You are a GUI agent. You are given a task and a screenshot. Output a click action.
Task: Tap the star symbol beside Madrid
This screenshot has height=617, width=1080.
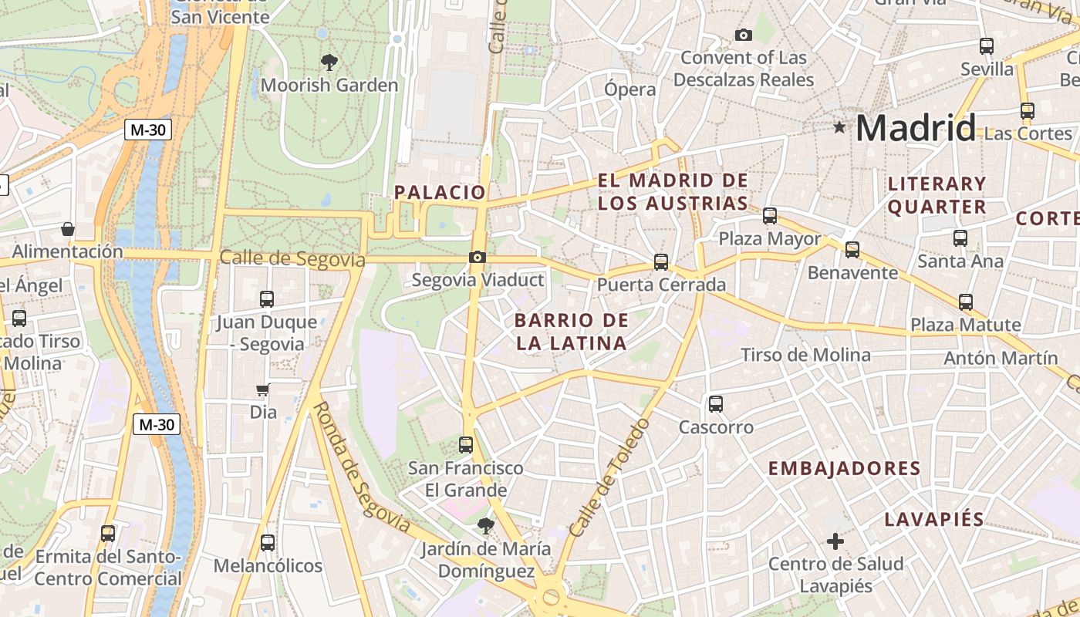tap(839, 127)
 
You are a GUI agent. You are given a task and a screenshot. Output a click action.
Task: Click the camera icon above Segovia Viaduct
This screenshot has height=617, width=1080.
tap(478, 258)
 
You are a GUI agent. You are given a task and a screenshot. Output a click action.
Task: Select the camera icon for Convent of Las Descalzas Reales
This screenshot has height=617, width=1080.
tap(744, 35)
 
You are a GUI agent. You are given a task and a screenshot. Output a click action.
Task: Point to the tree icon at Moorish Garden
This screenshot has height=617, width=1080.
tap(329, 62)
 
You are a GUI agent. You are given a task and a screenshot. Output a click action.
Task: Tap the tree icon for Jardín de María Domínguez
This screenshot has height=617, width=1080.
tap(485, 527)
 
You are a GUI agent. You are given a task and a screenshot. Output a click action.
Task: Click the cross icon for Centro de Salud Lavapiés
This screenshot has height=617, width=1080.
tap(835, 541)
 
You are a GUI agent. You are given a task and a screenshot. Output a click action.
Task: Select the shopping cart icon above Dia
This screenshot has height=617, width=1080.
tap(263, 390)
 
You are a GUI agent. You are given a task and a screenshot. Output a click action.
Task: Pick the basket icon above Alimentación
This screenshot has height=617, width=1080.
tap(68, 229)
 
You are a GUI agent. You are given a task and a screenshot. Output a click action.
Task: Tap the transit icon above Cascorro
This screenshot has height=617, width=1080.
tap(716, 403)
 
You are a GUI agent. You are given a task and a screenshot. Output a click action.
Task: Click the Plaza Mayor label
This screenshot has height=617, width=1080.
tap(770, 239)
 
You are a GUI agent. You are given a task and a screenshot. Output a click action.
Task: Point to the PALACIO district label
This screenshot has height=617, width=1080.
tap(440, 192)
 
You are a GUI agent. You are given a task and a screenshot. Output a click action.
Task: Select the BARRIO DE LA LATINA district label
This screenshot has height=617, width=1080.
tap(572, 332)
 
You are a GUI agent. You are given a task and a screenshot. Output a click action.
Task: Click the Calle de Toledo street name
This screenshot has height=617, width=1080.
tap(610, 477)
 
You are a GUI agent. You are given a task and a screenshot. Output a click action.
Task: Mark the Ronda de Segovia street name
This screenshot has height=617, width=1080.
tap(362, 467)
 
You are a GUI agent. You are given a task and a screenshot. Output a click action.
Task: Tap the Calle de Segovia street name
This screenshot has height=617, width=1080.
tap(292, 258)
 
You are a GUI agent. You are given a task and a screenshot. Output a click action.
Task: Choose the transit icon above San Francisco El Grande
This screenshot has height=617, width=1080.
tap(466, 445)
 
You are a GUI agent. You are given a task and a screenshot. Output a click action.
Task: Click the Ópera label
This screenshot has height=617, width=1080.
tap(630, 89)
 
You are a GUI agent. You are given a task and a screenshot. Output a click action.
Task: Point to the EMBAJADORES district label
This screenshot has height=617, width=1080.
tap(844, 468)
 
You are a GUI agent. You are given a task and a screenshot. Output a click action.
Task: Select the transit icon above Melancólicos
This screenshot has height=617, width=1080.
tap(268, 543)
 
